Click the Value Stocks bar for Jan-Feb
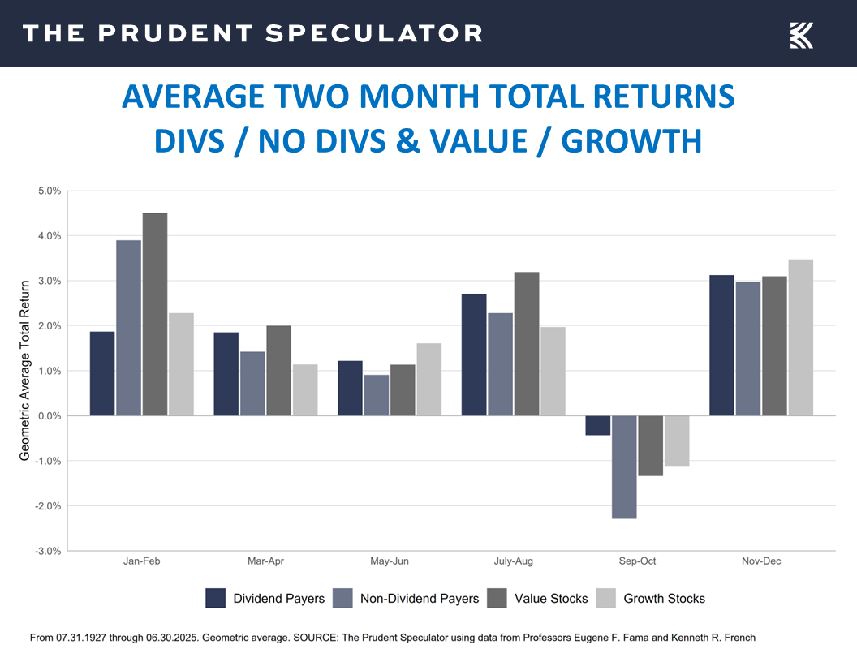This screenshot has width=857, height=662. coord(154,314)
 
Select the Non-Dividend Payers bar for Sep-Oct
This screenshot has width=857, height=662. coord(624,466)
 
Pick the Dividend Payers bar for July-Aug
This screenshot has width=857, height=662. coord(474,355)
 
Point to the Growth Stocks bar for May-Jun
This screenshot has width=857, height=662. coord(428,379)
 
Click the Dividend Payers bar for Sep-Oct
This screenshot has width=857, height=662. coord(597,425)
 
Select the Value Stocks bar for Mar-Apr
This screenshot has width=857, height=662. coord(278,370)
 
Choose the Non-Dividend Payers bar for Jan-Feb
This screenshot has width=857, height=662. coord(128,328)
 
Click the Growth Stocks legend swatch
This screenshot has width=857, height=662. coord(606,599)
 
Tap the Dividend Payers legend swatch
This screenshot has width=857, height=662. coord(216,599)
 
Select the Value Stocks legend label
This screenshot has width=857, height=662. coord(550,599)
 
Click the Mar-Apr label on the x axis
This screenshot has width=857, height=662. coord(265,561)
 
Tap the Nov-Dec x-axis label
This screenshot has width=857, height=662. coord(760,561)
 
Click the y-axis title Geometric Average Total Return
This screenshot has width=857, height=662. coord(25,370)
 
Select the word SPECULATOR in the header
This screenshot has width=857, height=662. coord(374,33)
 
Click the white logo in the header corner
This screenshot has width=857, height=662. coord(801,35)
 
